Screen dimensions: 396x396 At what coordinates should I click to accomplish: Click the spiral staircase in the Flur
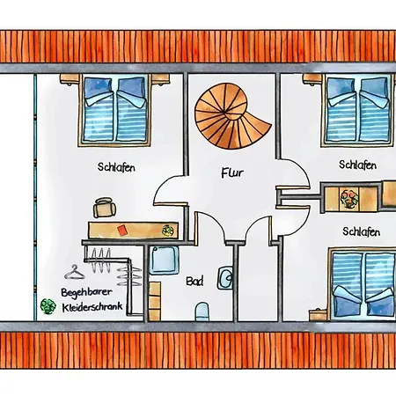(231, 116)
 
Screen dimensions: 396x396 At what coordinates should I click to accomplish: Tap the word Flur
(232, 172)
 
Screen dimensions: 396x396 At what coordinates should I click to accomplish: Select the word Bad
(194, 282)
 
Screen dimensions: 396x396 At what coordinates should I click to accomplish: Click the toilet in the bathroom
(202, 312)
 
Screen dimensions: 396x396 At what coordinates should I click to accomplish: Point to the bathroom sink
(225, 277)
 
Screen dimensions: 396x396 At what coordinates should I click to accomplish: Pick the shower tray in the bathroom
(164, 260)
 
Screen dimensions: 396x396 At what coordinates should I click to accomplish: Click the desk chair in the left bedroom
(105, 208)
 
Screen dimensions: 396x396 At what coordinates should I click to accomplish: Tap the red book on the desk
(122, 230)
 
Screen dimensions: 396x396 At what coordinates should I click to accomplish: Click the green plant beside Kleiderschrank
(48, 306)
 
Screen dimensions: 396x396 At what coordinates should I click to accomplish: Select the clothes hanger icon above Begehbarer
(75, 272)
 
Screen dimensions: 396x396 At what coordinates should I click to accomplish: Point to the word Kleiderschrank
(92, 307)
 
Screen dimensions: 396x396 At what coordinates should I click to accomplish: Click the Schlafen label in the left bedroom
(116, 167)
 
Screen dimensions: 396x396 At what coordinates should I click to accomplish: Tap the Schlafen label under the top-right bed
(357, 165)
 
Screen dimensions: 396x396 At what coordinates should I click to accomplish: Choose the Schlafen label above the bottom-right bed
(362, 231)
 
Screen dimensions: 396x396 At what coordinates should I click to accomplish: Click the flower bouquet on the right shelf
(349, 199)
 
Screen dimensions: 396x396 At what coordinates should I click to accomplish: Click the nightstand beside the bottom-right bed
(319, 314)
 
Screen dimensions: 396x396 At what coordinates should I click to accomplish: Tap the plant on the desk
(168, 231)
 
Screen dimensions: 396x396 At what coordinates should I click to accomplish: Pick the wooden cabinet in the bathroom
(155, 301)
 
